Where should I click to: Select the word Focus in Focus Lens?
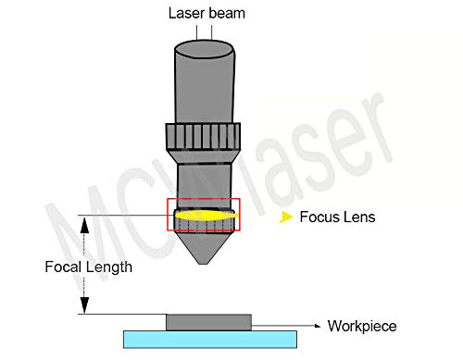[318, 218]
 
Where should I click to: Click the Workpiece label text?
[365, 326]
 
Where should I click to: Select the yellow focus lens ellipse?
[203, 216]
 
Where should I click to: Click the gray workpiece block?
[207, 321]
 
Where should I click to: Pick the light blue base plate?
[210, 339]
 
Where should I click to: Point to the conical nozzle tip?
[203, 250]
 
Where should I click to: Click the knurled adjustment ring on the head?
[203, 138]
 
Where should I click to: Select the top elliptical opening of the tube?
[203, 46]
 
